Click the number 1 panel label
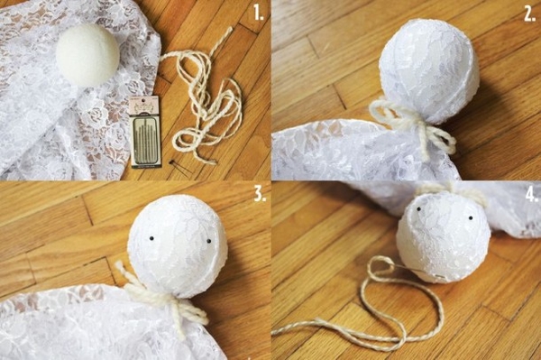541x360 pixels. (x=258, y=14)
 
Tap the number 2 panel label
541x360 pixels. (x=529, y=14)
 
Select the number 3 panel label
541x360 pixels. (x=261, y=195)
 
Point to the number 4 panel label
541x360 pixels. (x=532, y=196)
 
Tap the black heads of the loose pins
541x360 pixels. (x=170, y=162)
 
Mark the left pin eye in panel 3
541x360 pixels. (x=151, y=238)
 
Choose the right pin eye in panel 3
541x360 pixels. (x=209, y=241)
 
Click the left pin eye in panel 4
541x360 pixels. (x=417, y=209)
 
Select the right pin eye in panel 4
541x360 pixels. (x=470, y=218)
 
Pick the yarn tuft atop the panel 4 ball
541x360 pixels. (x=448, y=191)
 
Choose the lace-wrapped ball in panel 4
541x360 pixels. (x=444, y=238)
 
